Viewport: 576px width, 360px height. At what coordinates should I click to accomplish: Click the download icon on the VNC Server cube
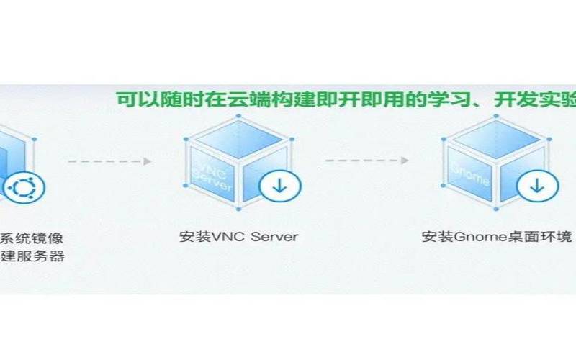click(x=280, y=186)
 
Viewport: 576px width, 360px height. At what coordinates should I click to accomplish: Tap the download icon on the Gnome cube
click(x=537, y=186)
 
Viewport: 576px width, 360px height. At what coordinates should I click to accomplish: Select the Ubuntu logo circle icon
click(x=24, y=188)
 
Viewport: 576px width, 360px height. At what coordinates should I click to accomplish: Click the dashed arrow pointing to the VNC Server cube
click(x=109, y=161)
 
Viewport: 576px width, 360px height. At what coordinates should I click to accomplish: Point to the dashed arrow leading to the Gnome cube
click(x=367, y=161)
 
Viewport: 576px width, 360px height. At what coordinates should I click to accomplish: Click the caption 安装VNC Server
click(x=239, y=237)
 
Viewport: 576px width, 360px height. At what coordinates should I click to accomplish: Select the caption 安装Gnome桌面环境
click(x=497, y=237)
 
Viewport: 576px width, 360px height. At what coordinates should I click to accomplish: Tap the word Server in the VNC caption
click(x=274, y=237)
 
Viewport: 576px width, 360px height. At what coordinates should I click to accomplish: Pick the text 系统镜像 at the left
click(x=32, y=238)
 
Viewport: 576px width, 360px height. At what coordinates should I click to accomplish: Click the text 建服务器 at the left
click(x=32, y=256)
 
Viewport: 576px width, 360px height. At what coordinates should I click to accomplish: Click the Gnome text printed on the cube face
click(x=471, y=174)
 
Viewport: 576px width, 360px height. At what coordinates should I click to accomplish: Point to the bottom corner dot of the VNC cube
click(x=239, y=209)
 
